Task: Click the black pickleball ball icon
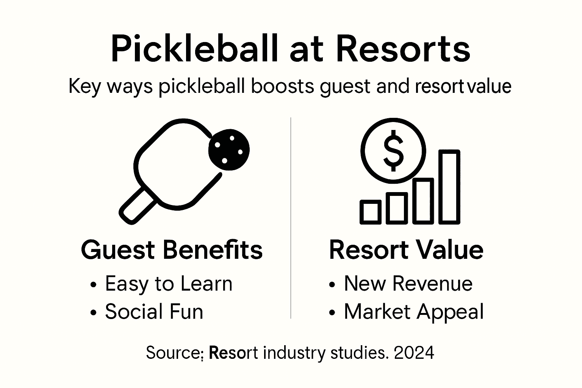tap(229, 149)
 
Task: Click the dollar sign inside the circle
tap(393, 150)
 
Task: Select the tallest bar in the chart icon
tap(449, 186)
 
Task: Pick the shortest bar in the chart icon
tap(370, 211)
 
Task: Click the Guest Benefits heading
tap(172, 250)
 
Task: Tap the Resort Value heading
tap(406, 250)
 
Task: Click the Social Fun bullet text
tap(154, 311)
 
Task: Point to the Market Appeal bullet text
tap(414, 311)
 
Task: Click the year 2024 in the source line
tap(414, 353)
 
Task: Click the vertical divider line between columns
tap(291, 218)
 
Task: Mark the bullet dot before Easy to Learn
tap(94, 285)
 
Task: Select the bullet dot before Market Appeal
tap(332, 313)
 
